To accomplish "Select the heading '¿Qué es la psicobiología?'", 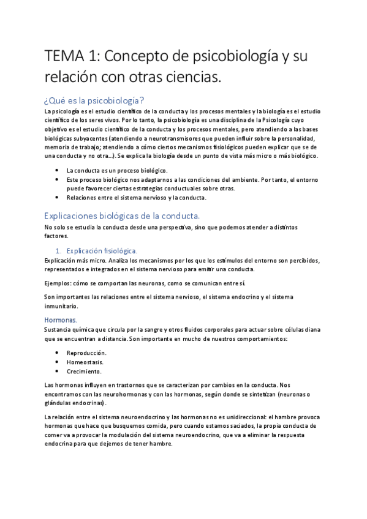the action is [94, 100].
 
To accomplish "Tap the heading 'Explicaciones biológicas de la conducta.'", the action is [122, 215].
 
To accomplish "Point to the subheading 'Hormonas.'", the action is [60, 319].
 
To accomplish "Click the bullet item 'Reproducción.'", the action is [86, 353].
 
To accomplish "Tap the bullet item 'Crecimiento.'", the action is [85, 371].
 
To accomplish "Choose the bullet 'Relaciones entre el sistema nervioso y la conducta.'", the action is [138, 198].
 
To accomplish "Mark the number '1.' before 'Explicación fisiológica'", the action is [59, 250].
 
